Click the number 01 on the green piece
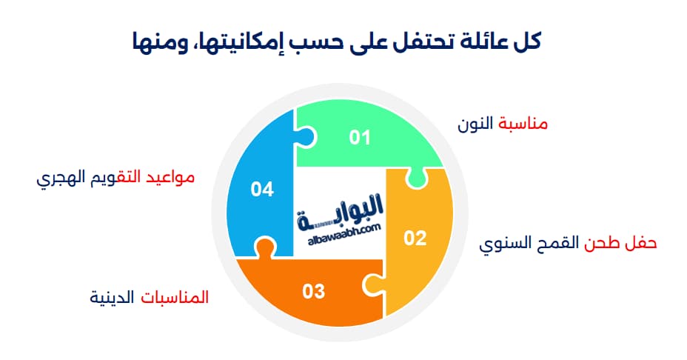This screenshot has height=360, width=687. pos(360,138)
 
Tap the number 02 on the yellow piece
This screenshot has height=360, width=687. pos(415,238)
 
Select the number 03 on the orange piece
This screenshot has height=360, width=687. pos(314,292)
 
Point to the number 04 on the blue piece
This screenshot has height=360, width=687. pos(262,190)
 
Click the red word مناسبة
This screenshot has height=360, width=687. pos(523,124)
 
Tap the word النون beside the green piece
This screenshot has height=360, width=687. pos(475,124)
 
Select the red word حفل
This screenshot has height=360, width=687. pos(641,243)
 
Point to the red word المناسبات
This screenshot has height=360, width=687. pos(175,297)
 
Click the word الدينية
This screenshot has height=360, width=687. pos(112,297)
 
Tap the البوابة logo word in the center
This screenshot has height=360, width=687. pos(340,212)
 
